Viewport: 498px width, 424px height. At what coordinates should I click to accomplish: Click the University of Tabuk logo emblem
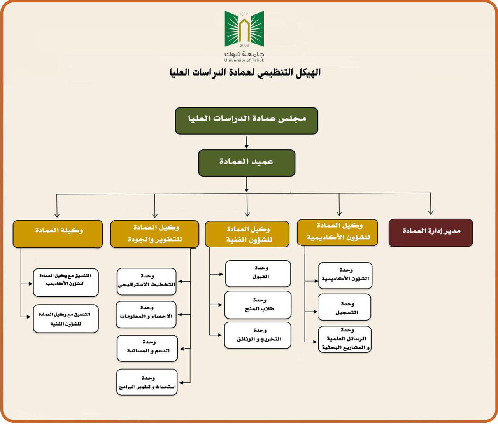tap(244, 28)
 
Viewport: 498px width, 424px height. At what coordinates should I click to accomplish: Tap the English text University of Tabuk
tap(244, 60)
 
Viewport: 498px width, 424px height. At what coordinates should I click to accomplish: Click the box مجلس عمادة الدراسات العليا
tap(246, 121)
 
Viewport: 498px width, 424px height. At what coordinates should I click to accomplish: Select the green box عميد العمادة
tap(247, 163)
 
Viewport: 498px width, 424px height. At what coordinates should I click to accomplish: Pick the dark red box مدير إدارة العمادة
tap(431, 233)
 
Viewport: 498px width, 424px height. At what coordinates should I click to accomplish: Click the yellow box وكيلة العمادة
tap(58, 234)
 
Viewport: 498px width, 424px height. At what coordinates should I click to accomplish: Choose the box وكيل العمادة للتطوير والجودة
tap(155, 234)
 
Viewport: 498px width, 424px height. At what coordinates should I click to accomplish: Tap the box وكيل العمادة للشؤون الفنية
tap(247, 234)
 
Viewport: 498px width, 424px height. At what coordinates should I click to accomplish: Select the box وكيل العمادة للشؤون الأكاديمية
tap(337, 232)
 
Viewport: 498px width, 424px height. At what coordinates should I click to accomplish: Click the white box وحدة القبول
tap(258, 273)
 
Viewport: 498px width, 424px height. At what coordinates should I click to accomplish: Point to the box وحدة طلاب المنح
tap(258, 305)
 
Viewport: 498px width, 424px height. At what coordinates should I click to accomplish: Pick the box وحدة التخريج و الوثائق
tap(258, 335)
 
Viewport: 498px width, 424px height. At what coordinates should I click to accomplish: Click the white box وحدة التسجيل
tap(345, 307)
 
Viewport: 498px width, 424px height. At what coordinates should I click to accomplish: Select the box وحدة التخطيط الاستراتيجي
tap(147, 281)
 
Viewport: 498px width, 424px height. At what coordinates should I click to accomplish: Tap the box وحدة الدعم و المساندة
tap(147, 349)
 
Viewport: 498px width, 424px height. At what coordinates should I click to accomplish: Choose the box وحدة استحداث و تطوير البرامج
tap(147, 382)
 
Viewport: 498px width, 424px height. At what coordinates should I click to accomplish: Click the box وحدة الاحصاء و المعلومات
tap(146, 314)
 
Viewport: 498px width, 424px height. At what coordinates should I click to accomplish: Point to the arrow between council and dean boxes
tap(246, 142)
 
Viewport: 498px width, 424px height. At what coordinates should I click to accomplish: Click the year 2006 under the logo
tap(244, 45)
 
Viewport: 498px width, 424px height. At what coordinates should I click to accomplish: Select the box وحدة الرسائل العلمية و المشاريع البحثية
tap(345, 339)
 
